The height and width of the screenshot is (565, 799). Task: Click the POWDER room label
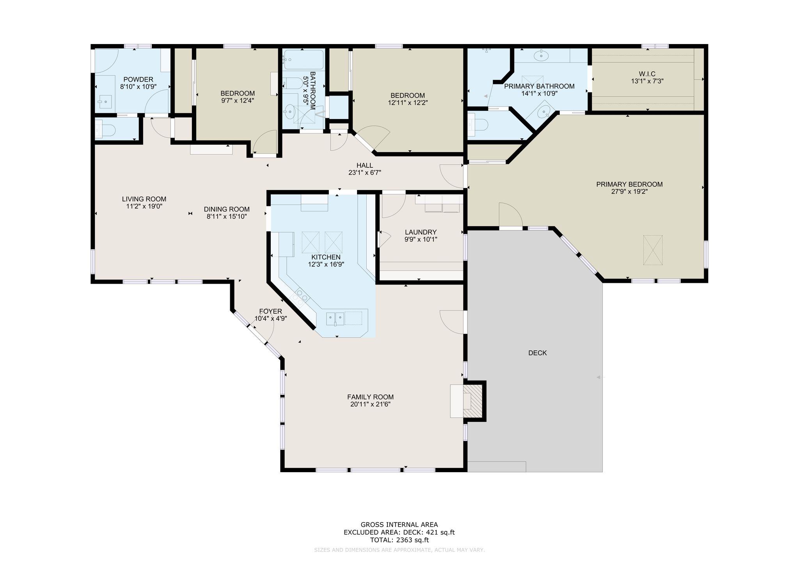138,80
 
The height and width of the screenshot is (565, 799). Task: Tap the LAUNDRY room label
421,232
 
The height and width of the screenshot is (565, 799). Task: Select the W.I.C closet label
647,74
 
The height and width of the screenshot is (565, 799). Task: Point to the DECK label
537,353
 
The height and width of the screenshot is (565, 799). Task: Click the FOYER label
270,311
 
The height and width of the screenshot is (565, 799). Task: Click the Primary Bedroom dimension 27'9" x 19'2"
629,192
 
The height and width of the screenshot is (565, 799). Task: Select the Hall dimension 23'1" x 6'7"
364,172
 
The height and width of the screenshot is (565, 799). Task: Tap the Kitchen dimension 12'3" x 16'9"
326,264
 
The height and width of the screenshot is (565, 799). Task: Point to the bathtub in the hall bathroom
304,60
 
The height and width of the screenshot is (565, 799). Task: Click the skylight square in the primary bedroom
653,250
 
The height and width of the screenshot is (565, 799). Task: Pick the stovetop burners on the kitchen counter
300,297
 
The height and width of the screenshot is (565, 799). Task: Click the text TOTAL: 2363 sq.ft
399,540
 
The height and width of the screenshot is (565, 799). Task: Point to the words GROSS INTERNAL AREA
399,524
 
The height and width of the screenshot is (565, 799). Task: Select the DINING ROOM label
227,210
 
